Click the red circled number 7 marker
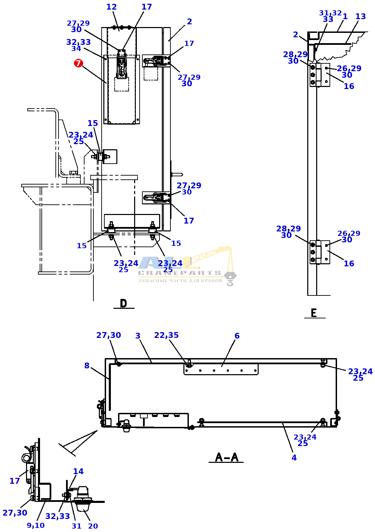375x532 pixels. pos(78,63)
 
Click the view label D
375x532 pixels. pos(124,303)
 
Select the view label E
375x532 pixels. pos(314,313)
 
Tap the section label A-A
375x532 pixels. pos(227,457)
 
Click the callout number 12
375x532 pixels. pos(111,7)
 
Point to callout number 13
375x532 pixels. pos(361,16)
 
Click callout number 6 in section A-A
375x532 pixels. pos(237,335)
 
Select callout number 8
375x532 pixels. pos(87,366)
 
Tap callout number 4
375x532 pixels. pos(294,457)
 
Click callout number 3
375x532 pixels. pos(138,335)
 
